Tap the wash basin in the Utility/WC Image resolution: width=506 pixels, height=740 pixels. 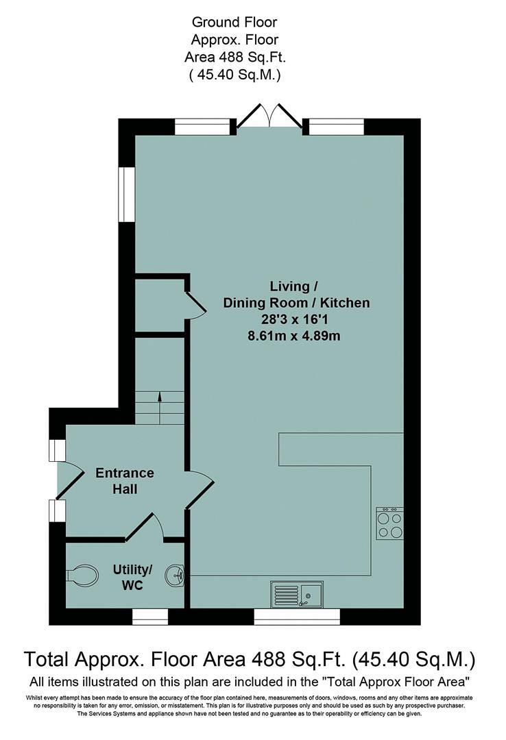pyautogui.click(x=176, y=575)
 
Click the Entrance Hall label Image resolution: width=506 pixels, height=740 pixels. pyautogui.click(x=124, y=481)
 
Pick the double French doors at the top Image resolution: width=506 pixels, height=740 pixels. pyautogui.click(x=268, y=116)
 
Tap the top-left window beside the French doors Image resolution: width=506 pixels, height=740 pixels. pyautogui.click(x=202, y=126)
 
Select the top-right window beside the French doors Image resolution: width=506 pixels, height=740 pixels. pyautogui.click(x=336, y=126)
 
